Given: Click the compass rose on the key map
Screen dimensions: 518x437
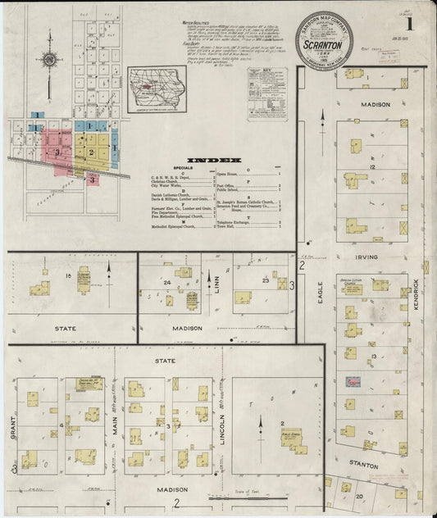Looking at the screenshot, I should click(x=49, y=61).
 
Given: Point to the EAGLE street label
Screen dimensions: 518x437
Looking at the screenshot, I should click(x=321, y=293).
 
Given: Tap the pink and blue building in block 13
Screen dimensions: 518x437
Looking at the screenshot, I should click(x=353, y=382).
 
